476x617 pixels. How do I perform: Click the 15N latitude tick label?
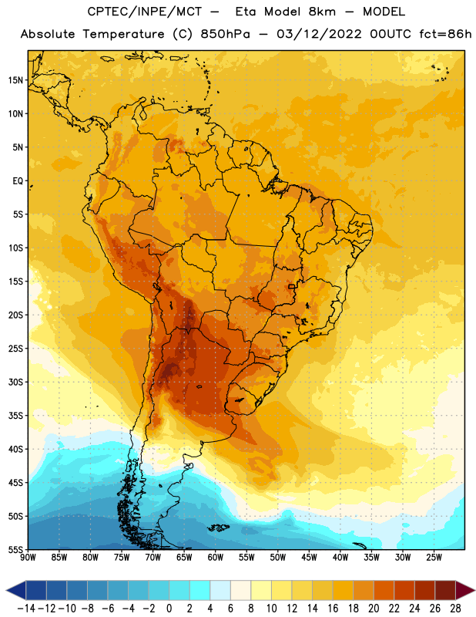[x=15, y=80]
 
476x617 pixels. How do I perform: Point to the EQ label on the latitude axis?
[x=18, y=181]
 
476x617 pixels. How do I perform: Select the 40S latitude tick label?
[x=15, y=449]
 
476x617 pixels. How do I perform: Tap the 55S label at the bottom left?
[x=15, y=549]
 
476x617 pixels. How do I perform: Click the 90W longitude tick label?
[x=28, y=557]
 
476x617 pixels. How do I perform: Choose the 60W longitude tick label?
[x=216, y=557]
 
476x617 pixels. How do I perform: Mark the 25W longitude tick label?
[x=434, y=557]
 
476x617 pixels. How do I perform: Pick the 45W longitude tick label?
[x=309, y=557]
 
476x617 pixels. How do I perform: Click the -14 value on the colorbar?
[x=26, y=609]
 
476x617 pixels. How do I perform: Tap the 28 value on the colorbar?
[x=455, y=609]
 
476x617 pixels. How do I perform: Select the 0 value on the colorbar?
[x=169, y=609]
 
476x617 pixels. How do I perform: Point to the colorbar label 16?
[x=333, y=609]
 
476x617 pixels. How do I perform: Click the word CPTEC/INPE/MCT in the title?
[x=144, y=12]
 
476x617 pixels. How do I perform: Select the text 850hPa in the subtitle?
[x=225, y=34]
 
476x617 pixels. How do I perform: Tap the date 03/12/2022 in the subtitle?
[x=319, y=34]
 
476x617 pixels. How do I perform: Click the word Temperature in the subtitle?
[x=123, y=35]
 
